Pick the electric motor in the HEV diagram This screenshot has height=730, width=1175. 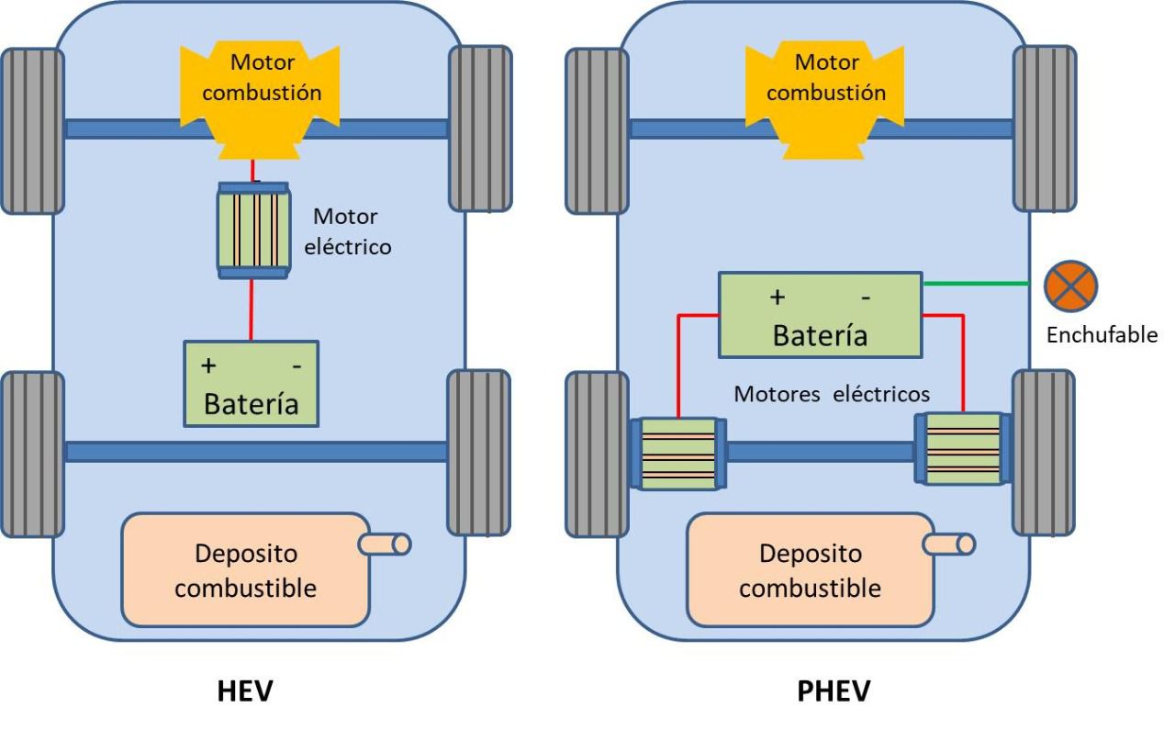(252, 230)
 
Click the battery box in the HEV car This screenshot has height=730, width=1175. (252, 384)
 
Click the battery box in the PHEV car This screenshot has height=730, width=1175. (819, 315)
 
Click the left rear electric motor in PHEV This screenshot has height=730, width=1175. (678, 455)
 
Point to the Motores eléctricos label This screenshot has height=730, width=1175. (832, 394)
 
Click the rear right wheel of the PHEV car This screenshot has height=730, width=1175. (1043, 453)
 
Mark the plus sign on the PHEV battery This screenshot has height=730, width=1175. (778, 298)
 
